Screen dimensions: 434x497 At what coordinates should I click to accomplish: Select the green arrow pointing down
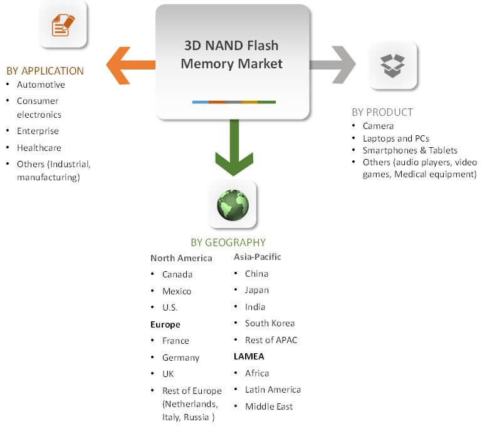click(x=234, y=150)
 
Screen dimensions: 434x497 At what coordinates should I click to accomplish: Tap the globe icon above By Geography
click(x=233, y=205)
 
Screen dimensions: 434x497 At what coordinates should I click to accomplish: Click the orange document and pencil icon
click(x=63, y=25)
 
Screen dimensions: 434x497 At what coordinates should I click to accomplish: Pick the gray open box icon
click(x=392, y=65)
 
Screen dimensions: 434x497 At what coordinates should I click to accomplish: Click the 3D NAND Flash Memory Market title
click(x=232, y=54)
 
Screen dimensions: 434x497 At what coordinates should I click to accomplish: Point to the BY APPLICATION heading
click(x=45, y=71)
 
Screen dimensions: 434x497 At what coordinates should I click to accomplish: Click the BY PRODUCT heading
click(x=382, y=112)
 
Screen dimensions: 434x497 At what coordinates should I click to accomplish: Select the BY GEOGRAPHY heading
click(x=228, y=242)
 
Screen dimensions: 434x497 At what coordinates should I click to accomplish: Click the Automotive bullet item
click(x=41, y=85)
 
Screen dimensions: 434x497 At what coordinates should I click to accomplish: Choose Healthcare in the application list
click(x=39, y=148)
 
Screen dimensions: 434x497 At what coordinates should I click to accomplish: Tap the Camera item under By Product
click(x=378, y=126)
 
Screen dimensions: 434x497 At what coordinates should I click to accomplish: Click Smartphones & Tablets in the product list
click(x=410, y=150)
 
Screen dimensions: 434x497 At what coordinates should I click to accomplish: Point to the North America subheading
click(x=181, y=258)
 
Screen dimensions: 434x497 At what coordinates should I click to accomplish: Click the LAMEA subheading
click(x=249, y=356)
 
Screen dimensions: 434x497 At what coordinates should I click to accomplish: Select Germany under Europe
click(x=180, y=358)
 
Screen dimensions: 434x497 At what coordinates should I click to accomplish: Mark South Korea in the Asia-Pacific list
click(x=269, y=323)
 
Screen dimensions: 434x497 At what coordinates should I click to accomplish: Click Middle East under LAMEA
click(x=269, y=406)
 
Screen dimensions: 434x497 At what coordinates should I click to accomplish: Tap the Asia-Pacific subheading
click(x=258, y=257)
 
